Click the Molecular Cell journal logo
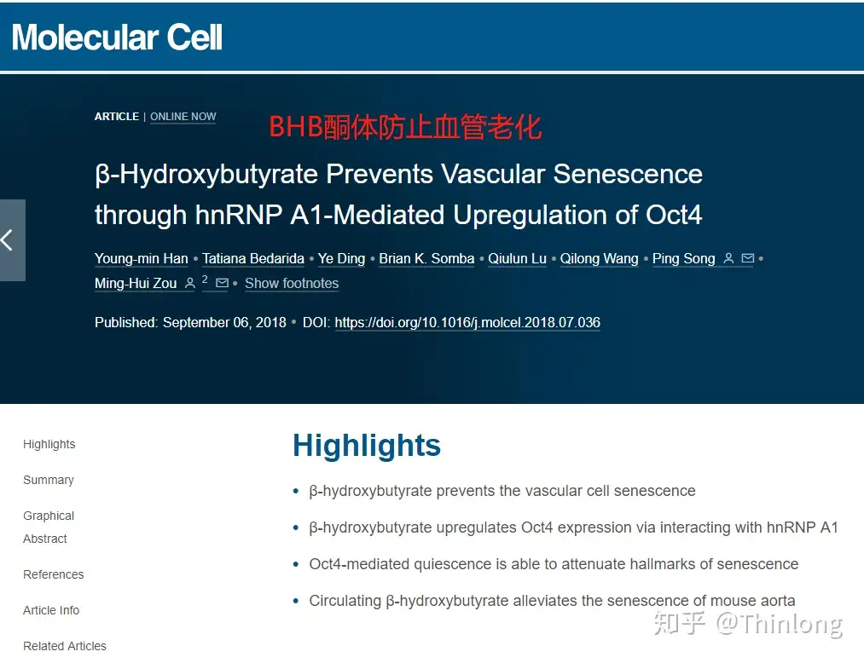pos(117,37)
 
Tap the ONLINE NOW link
pos(183,117)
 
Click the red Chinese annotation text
pos(405,127)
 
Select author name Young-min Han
pos(142,259)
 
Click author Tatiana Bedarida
pos(253,259)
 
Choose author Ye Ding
pos(341,259)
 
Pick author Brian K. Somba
pos(426,259)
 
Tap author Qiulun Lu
pos(517,259)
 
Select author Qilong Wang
pos(599,259)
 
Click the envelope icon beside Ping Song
pos(748,259)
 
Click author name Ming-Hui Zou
pos(136,284)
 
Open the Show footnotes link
pos(292,284)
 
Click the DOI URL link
pos(467,323)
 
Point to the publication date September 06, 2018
pos(224,323)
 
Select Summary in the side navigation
pos(49,481)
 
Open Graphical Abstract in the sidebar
pos(49,528)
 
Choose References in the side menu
pos(54,575)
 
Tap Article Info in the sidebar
pos(51,611)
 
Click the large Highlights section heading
pos(367,446)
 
